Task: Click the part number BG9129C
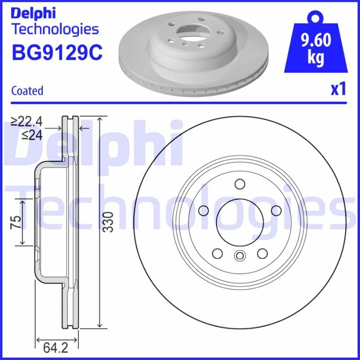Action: [57, 52]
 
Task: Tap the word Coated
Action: [27, 91]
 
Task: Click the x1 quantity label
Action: [337, 90]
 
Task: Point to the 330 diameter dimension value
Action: [108, 222]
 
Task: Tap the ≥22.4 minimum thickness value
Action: [27, 121]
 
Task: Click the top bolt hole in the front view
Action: [240, 184]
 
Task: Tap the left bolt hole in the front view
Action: [204, 210]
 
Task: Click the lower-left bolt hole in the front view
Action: [217, 253]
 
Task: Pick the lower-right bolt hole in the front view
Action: [262, 253]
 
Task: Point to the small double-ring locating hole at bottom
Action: [239, 256]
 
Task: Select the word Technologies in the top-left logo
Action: [55, 29]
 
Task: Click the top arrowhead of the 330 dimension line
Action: [99, 119]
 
